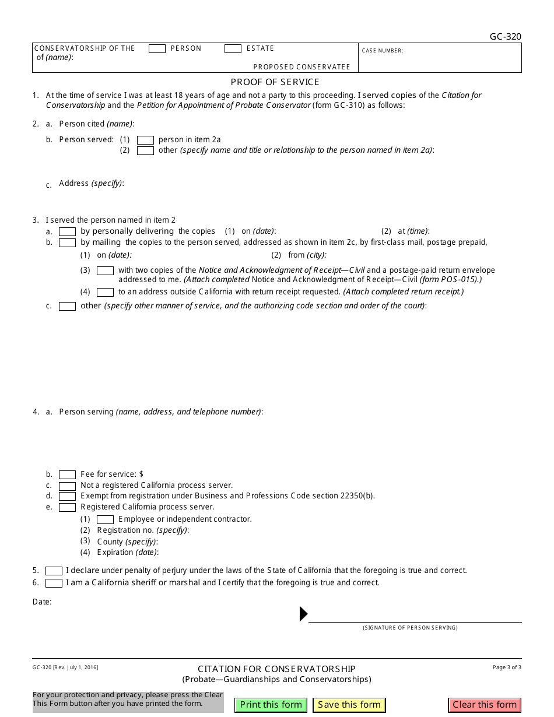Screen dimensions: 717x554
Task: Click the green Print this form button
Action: tap(271, 705)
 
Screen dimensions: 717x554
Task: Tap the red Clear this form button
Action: tap(485, 705)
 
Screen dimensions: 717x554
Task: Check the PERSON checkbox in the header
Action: tap(157, 49)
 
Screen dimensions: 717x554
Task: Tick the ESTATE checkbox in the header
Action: tap(233, 49)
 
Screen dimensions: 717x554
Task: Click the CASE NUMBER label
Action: tap(383, 51)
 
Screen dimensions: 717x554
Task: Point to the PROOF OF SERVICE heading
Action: tap(275, 82)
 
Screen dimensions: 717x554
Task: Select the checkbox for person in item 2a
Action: tap(145, 140)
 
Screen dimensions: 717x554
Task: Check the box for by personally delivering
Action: tap(67, 231)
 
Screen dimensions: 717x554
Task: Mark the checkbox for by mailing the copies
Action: tap(67, 242)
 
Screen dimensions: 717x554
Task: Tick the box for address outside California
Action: tap(105, 292)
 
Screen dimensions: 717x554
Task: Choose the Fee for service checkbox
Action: tap(67, 475)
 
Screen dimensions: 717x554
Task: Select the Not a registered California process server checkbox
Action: tap(67, 486)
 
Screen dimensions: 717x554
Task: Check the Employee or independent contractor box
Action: tap(105, 519)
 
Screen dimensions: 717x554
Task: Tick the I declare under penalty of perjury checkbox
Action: tap(54, 571)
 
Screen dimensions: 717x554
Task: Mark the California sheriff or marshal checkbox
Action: tap(54, 583)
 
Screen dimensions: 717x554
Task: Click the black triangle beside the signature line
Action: tap(303, 614)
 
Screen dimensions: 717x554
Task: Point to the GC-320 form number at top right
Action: tap(505, 37)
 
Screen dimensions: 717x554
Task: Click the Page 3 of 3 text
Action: tap(507, 667)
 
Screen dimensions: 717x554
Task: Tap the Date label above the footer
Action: tap(42, 602)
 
